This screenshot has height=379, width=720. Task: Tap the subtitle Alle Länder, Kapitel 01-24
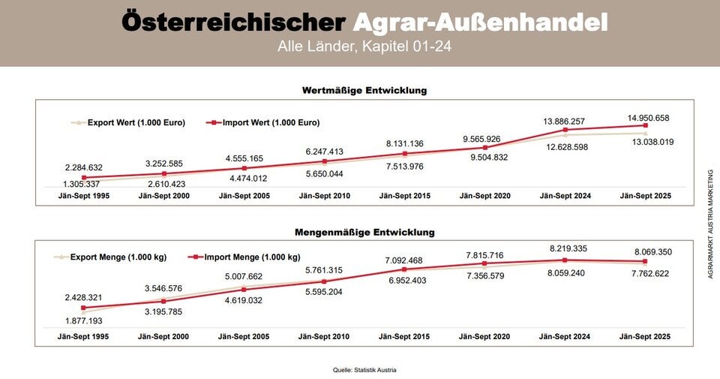click(363, 47)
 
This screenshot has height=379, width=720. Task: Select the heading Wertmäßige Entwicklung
click(364, 91)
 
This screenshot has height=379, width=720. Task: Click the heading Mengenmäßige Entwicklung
click(364, 233)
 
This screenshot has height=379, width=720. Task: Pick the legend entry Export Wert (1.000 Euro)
click(136, 122)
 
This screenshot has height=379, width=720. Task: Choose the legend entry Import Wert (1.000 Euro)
click(271, 122)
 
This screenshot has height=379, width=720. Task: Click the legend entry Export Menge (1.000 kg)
click(118, 257)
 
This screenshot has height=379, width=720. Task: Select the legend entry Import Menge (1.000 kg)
click(251, 257)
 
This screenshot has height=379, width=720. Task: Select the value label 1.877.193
click(83, 320)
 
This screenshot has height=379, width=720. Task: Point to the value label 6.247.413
click(325, 152)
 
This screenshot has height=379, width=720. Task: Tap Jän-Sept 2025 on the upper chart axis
click(646, 196)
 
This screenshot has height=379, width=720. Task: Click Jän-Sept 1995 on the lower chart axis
click(83, 336)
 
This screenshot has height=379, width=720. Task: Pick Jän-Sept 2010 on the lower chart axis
click(324, 336)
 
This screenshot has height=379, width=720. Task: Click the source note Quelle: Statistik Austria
click(364, 370)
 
